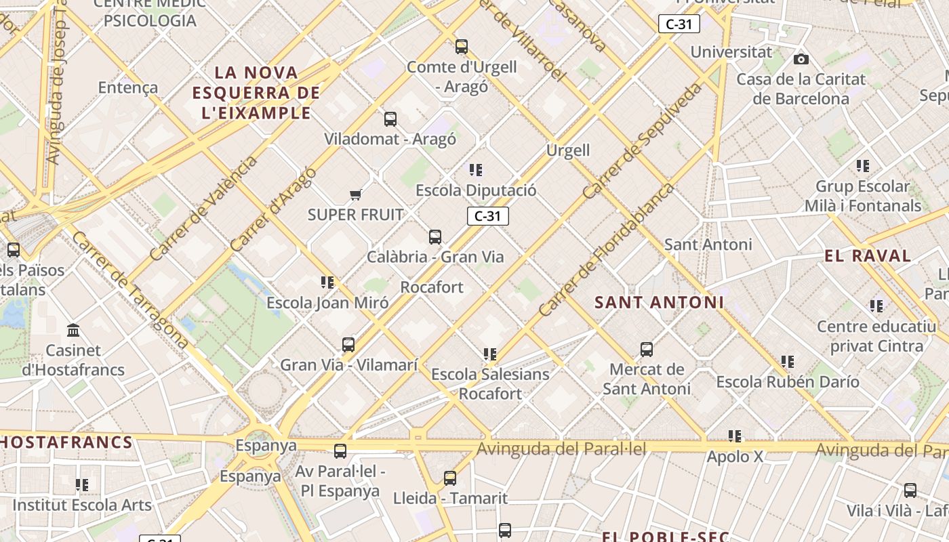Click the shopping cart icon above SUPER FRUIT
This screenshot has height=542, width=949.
[x=355, y=195]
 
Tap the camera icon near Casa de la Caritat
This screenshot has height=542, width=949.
[x=801, y=60]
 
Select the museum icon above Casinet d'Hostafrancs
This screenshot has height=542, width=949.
[x=73, y=331]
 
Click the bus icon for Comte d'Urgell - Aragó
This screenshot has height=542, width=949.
[x=462, y=47]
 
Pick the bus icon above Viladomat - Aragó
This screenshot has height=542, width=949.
[x=390, y=119]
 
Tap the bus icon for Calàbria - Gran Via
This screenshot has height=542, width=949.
[x=435, y=237]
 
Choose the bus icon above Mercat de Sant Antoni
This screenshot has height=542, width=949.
[x=647, y=350]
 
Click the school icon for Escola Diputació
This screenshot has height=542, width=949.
[x=476, y=170]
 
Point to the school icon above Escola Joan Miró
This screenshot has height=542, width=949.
[x=327, y=282]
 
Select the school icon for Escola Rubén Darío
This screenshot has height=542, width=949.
[x=787, y=362]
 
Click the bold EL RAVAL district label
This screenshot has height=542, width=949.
[x=868, y=256]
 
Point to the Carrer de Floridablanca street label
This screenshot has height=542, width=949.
[x=607, y=249]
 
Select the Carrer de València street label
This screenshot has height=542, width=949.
[x=203, y=209]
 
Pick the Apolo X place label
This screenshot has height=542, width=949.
[x=735, y=457]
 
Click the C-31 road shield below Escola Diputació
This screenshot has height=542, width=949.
[x=487, y=216]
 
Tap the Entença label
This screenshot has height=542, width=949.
[x=128, y=87]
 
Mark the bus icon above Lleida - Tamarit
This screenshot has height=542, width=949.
[x=450, y=478]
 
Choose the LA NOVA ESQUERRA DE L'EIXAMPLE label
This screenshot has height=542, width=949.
[x=256, y=93]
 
